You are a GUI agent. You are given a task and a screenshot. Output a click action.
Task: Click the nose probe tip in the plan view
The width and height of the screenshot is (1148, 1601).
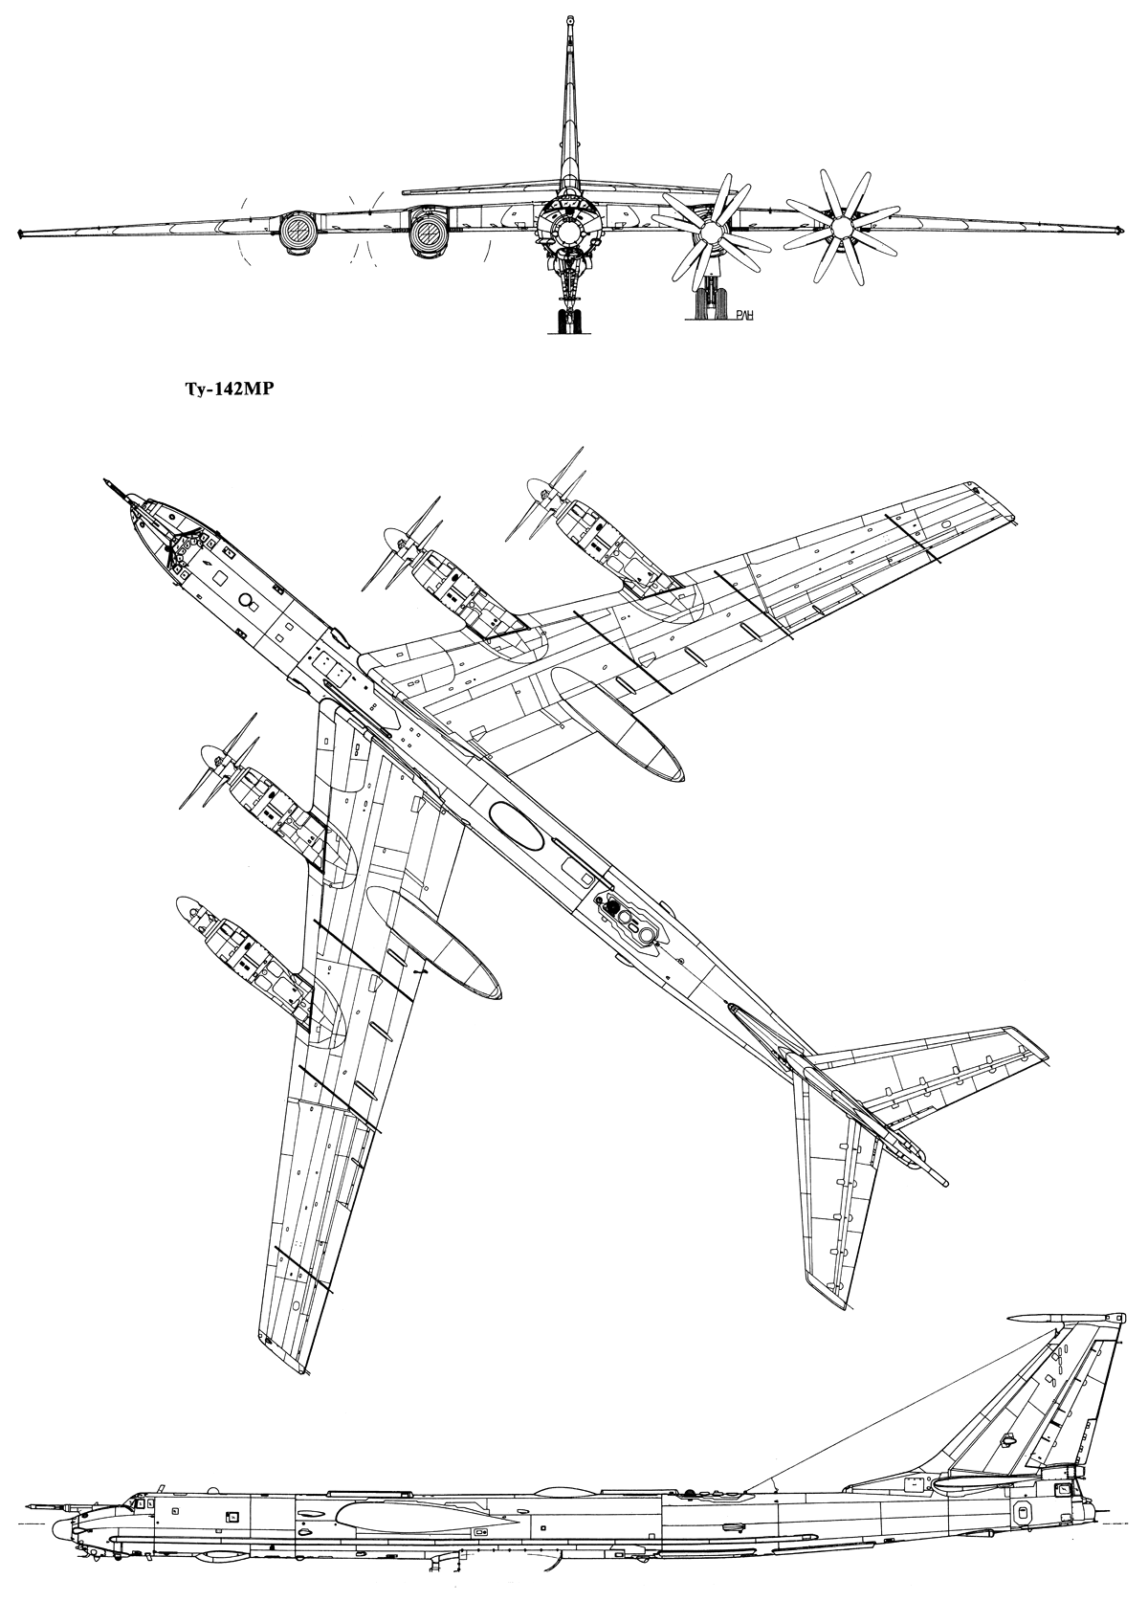(x=106, y=480)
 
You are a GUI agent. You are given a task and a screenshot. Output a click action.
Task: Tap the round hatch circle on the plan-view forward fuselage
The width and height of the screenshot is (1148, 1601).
(x=247, y=600)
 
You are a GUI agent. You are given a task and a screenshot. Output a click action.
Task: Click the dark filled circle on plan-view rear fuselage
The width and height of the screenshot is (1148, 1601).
(x=612, y=906)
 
